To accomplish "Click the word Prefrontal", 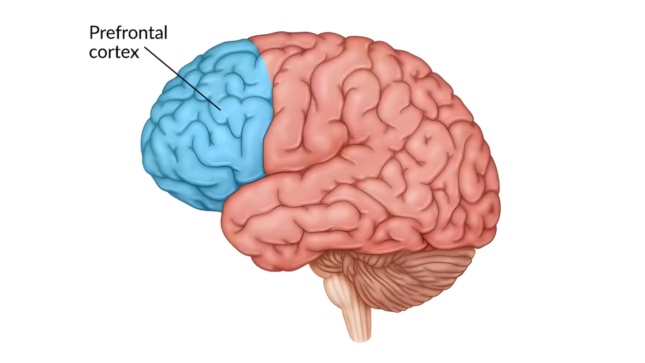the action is (x=128, y=33).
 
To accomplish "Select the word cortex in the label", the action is (x=114, y=52).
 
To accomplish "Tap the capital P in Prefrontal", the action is (x=94, y=33).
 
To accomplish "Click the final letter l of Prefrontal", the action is (x=166, y=32).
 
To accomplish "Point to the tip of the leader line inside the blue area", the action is (x=221, y=110).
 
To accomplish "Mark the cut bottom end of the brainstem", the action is (x=360, y=340).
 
